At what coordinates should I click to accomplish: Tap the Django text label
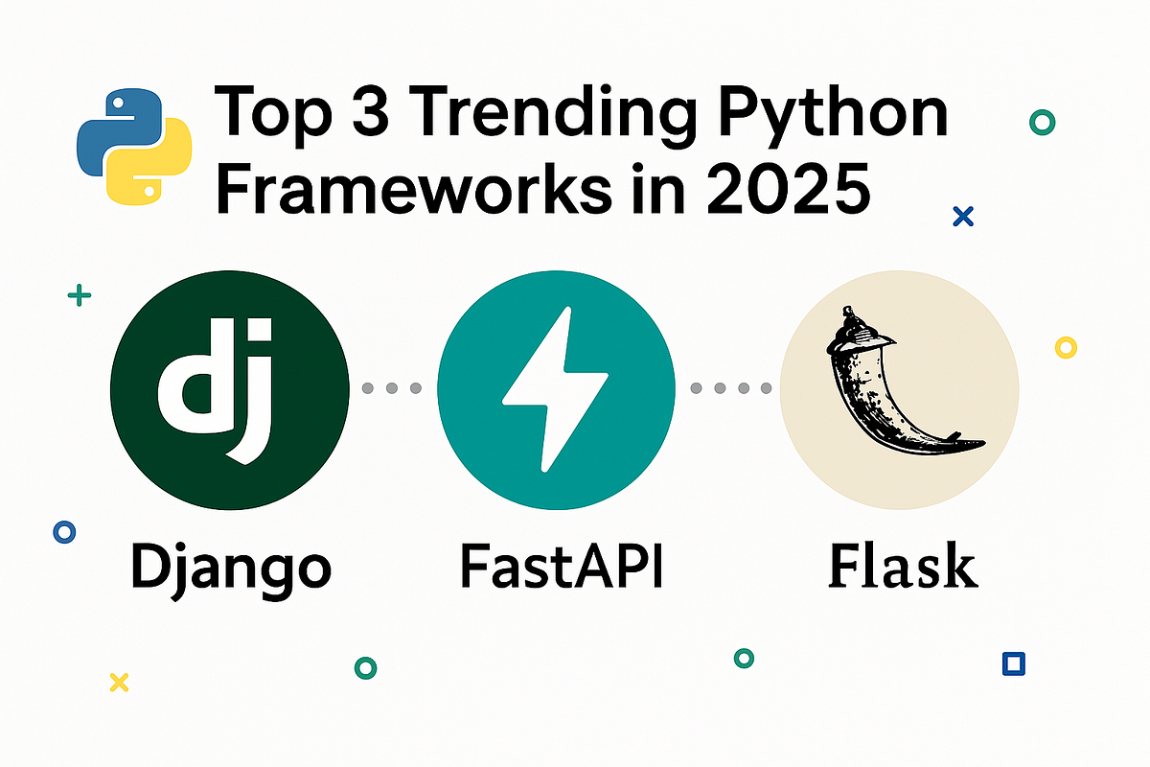pos(229,567)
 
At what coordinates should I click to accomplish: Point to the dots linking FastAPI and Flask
pos(731,388)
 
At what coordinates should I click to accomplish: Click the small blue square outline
pos(1012,663)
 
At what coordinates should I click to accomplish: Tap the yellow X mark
pos(119,682)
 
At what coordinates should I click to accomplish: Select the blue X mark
pos(963,217)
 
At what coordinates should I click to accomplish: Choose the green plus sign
pos(80,296)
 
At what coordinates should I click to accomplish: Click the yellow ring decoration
pos(1066,347)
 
